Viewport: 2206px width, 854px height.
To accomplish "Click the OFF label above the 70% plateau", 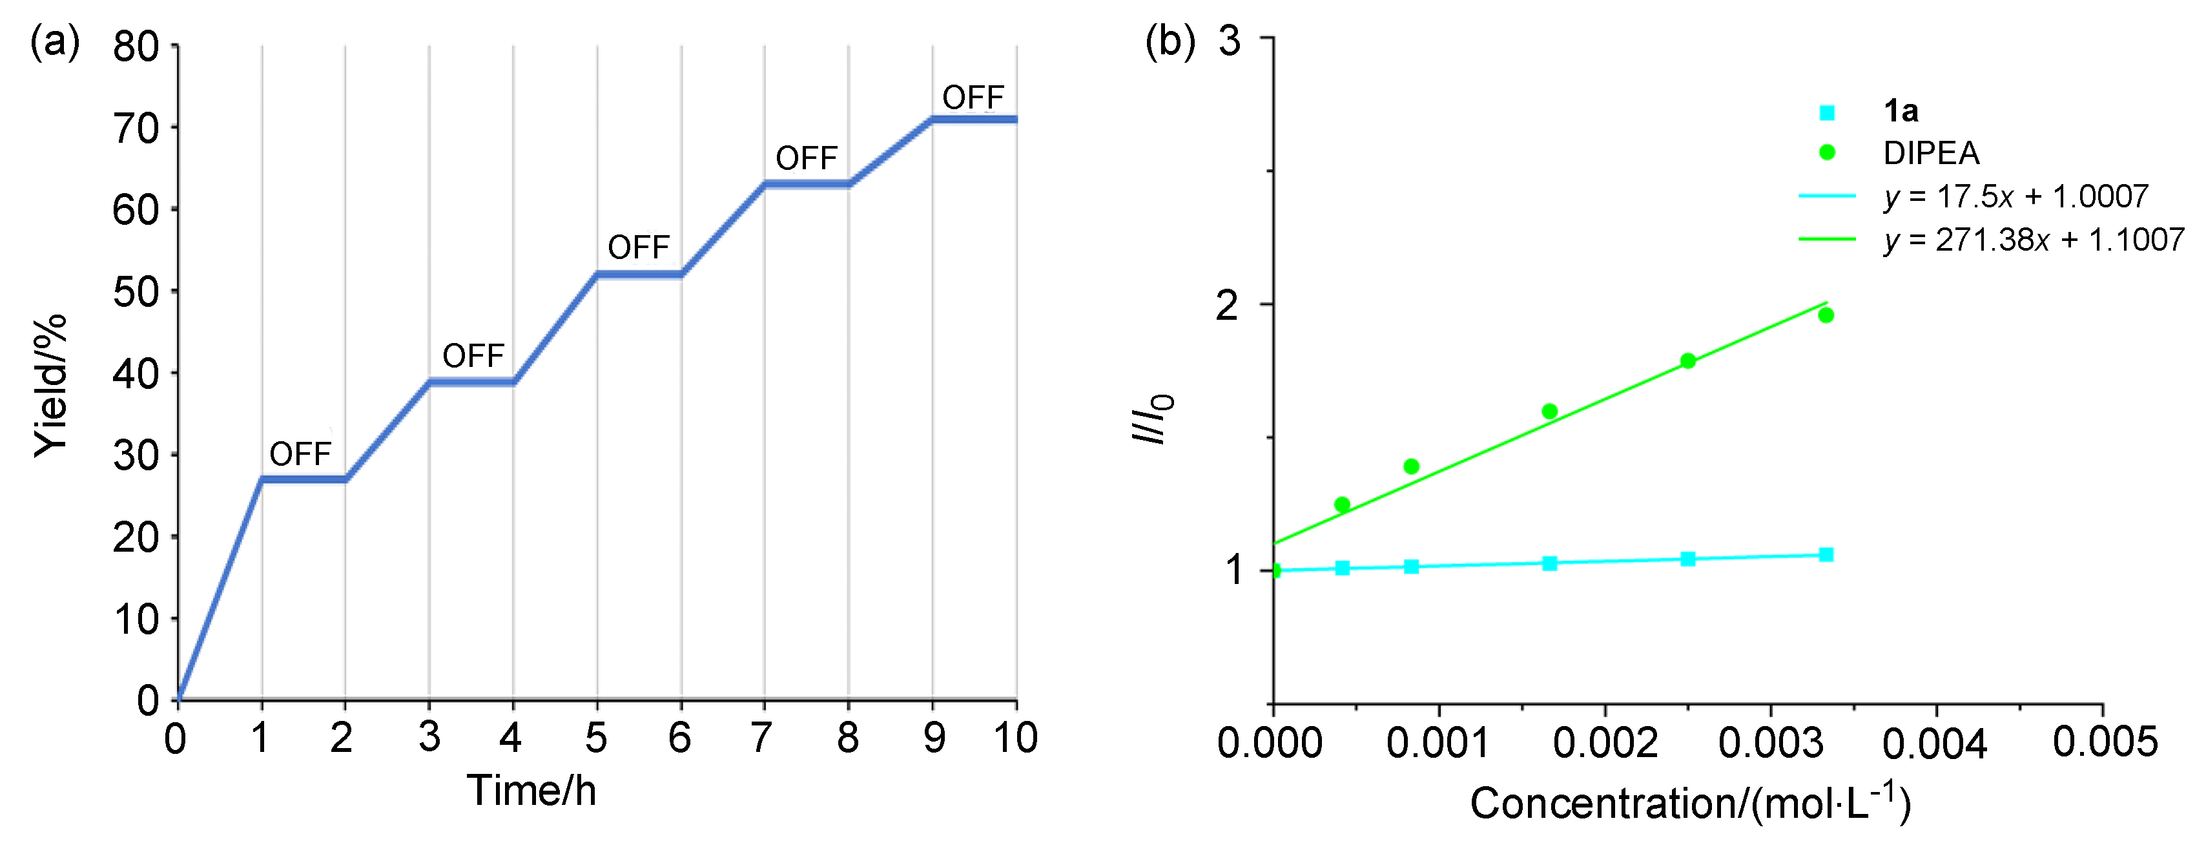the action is pyautogui.click(x=973, y=98).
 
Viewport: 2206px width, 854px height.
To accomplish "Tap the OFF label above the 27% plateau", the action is pyautogui.click(x=300, y=454).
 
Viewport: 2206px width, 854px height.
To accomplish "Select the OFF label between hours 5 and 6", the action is pyautogui.click(x=638, y=247).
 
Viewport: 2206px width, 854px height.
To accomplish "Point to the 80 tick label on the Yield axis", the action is pyautogui.click(x=136, y=47).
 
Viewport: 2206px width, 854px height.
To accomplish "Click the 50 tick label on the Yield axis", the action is pyautogui.click(x=136, y=292).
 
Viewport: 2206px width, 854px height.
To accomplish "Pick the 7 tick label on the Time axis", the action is pyautogui.click(x=761, y=738).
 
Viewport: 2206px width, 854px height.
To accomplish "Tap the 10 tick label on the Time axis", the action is pyautogui.click(x=1016, y=738).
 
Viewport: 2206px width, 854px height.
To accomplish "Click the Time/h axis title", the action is pyautogui.click(x=531, y=790).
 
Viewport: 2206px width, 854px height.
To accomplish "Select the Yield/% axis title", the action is pyautogui.click(x=50, y=386).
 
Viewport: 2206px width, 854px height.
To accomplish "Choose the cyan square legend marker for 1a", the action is pyautogui.click(x=1827, y=112).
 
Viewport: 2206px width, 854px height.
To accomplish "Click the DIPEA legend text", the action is pyautogui.click(x=1931, y=153).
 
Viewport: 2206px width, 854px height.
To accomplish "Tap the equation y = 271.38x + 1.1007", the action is pyautogui.click(x=2034, y=240).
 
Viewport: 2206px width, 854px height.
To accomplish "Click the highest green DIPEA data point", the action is pyautogui.click(x=1826, y=315).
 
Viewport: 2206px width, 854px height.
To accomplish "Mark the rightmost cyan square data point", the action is pyautogui.click(x=1826, y=554).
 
